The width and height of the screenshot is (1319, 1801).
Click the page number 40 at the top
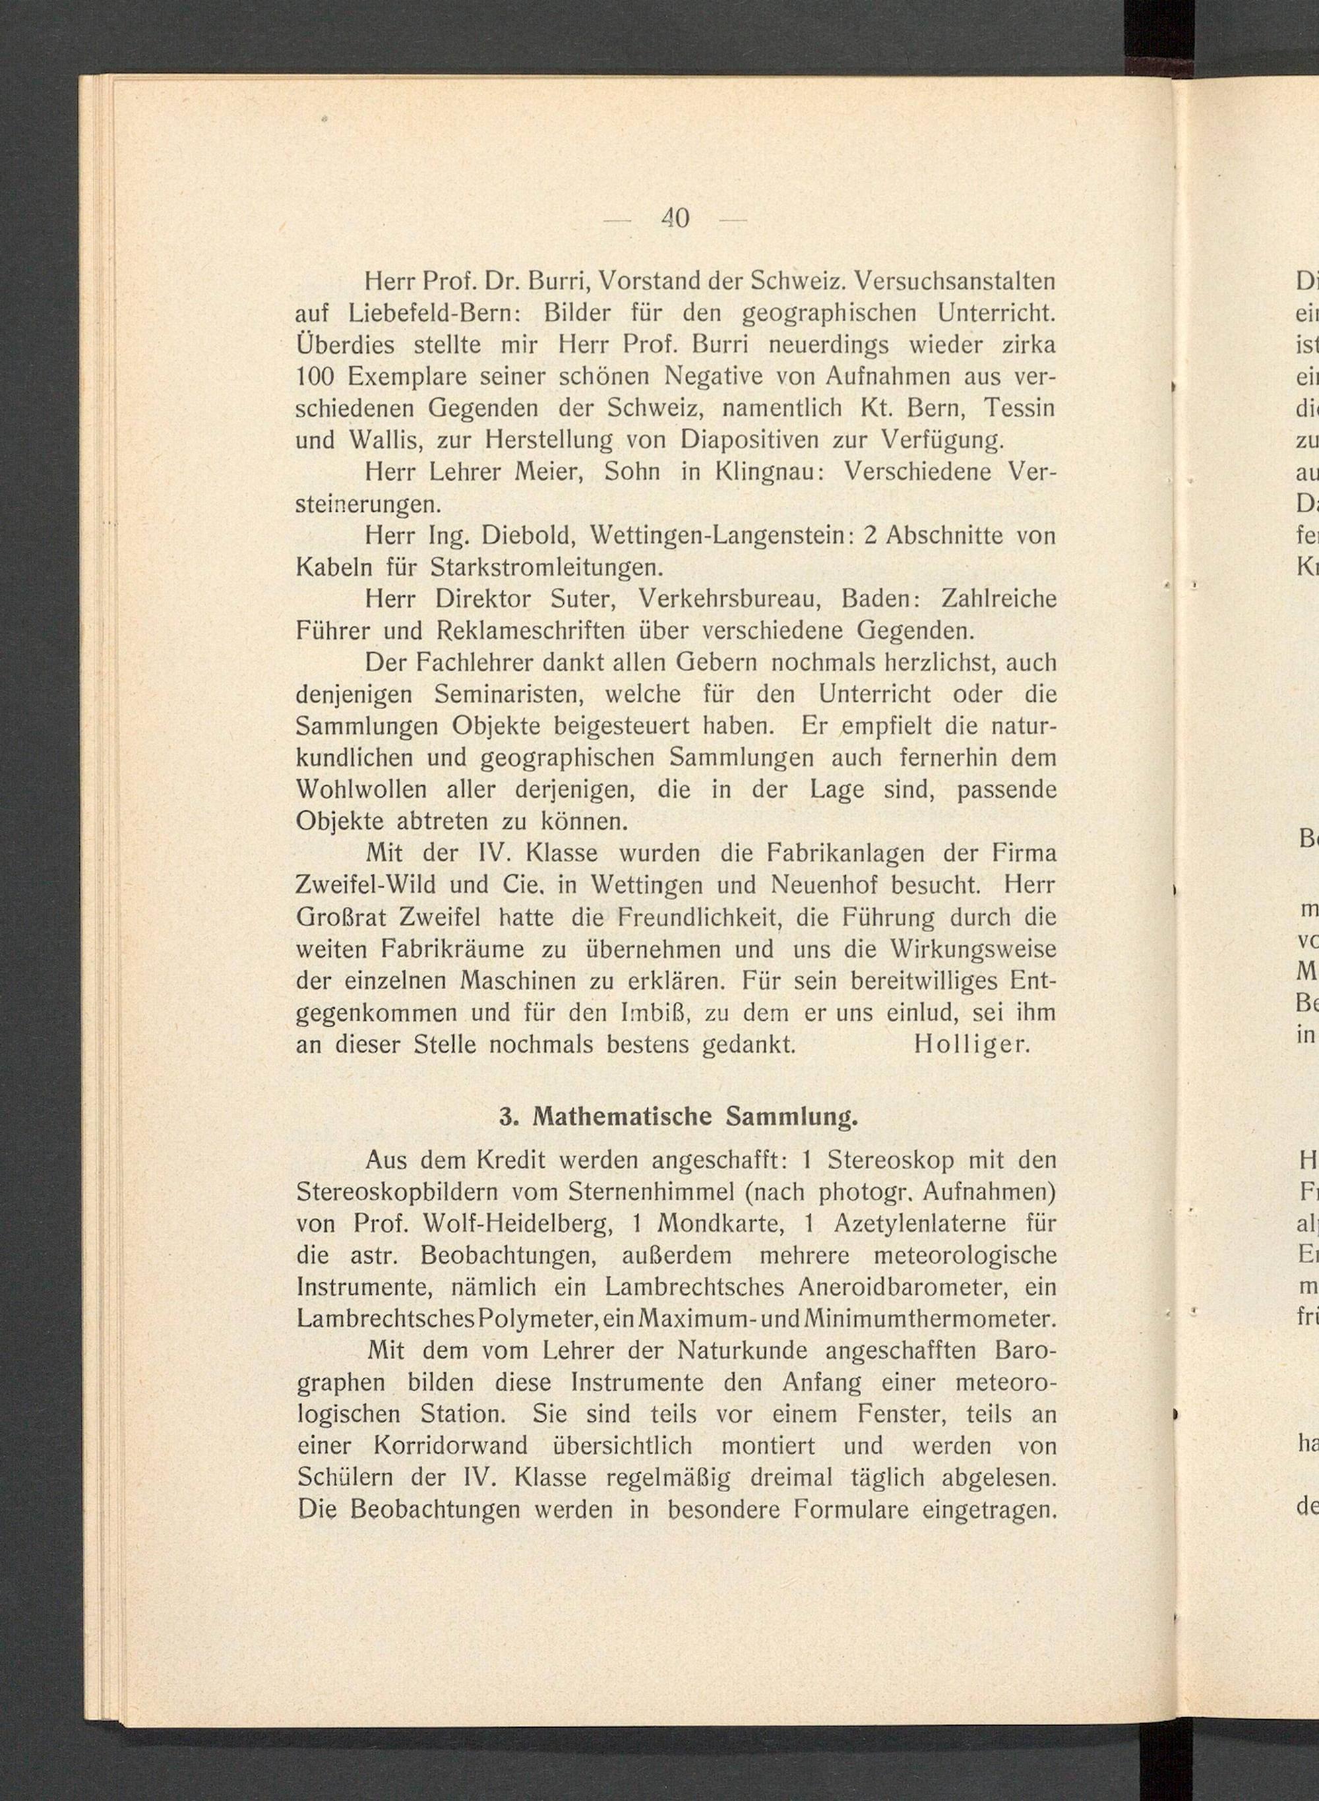pos(675,217)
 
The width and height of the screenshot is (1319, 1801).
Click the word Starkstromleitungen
pos(547,568)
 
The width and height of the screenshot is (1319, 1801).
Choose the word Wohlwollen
pos(361,790)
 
